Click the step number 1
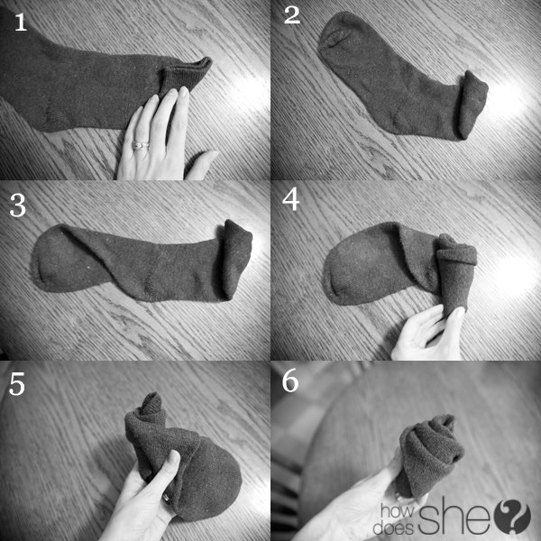[x=21, y=23]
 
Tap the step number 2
[x=292, y=16]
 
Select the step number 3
[x=18, y=206]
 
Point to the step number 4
[x=291, y=200]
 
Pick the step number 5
[x=17, y=384]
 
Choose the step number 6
[x=290, y=381]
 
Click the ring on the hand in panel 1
[x=140, y=145]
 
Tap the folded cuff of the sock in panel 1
[x=185, y=76]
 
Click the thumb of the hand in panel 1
[x=202, y=165]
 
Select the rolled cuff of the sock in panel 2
[x=472, y=105]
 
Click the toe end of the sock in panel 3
[x=51, y=259]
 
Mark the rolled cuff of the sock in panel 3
[x=236, y=258]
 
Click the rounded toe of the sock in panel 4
[x=348, y=272]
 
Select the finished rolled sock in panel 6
[x=429, y=455]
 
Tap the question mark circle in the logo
[x=512, y=517]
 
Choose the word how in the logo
[x=398, y=511]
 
